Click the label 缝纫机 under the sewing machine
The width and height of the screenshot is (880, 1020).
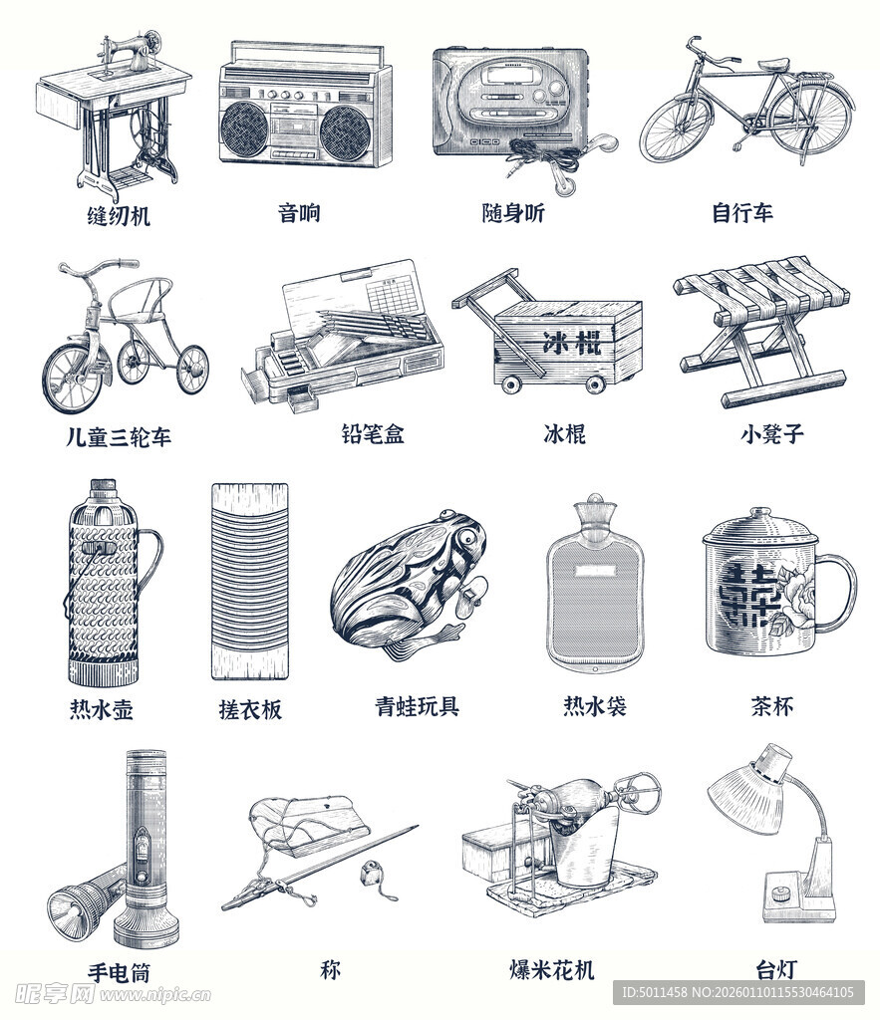(119, 215)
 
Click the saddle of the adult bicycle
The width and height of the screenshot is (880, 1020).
(771, 65)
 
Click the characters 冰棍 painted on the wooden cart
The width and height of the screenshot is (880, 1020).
(572, 343)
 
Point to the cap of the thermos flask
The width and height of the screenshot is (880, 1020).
(103, 486)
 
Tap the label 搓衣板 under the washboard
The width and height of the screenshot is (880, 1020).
(250, 709)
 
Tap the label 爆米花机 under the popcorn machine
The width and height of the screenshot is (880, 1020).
(552, 969)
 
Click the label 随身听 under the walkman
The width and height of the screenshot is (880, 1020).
(513, 213)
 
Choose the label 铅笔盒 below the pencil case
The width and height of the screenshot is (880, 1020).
(373, 434)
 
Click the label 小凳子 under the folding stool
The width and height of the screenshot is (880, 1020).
(772, 434)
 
